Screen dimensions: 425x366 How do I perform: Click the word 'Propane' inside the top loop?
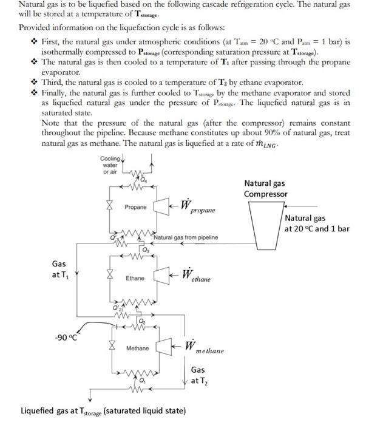(135, 207)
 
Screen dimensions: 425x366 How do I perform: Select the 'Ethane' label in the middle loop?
(135, 278)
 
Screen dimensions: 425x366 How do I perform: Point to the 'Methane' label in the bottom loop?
(137, 348)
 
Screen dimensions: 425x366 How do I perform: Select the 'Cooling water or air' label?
(111, 165)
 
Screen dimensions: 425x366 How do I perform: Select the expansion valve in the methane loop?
(110, 348)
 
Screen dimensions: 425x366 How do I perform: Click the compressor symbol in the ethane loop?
(161, 277)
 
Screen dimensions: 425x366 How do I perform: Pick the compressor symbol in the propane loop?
(161, 206)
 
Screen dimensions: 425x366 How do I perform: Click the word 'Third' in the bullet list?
(52, 82)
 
